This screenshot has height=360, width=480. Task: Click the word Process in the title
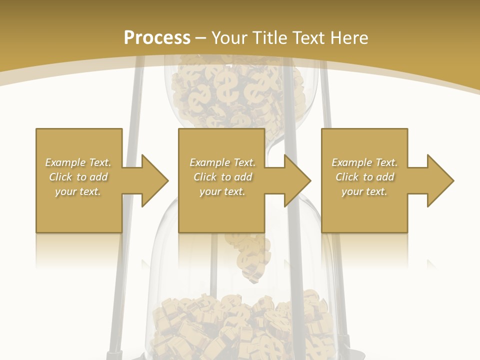157,38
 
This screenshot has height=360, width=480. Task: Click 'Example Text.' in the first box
78,162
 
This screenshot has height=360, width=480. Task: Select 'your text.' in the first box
78,191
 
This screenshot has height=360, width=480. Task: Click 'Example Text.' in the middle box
222,162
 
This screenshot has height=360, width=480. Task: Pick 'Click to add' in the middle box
222,177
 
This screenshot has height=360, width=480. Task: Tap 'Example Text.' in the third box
364,162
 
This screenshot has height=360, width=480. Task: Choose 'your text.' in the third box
364,191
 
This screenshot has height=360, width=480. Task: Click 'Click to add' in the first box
78,177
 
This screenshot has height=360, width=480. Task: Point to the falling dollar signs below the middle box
250,255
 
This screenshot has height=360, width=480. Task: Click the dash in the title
201,38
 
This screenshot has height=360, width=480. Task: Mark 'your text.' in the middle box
222,191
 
